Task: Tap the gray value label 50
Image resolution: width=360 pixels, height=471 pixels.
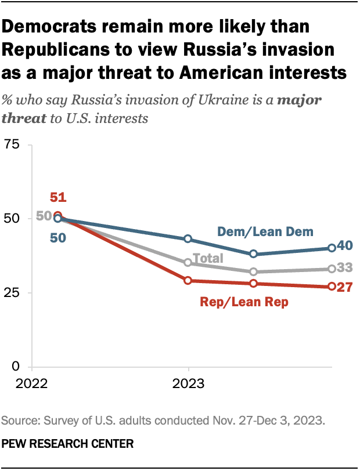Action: tap(44, 216)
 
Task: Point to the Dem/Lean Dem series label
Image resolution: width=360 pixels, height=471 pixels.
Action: tap(265, 231)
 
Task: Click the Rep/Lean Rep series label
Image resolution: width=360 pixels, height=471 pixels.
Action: tap(243, 302)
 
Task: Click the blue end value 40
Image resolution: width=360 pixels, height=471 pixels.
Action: tap(345, 247)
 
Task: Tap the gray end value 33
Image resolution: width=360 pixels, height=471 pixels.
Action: tap(345, 269)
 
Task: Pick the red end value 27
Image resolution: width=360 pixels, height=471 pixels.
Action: tap(345, 287)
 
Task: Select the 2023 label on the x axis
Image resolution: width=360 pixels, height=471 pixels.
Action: tap(188, 383)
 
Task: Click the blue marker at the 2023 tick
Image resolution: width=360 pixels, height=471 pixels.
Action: tap(188, 239)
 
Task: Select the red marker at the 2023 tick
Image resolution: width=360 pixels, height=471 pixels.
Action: tap(188, 281)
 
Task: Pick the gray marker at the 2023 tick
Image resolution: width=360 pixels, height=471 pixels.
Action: tap(188, 263)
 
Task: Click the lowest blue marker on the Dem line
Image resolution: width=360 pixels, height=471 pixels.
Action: tap(254, 254)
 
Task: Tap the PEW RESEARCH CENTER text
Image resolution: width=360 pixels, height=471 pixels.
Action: tap(68, 444)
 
